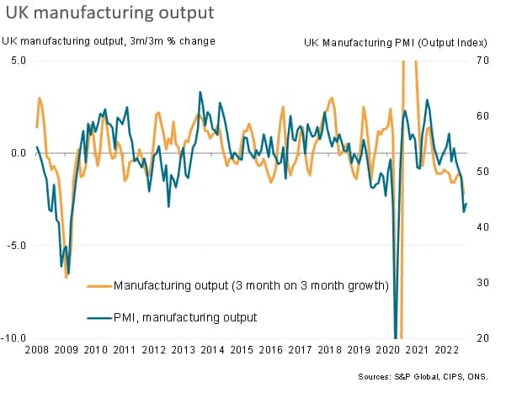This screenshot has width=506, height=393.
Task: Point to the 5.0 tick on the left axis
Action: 19,61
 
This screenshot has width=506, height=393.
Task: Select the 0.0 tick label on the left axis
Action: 19,153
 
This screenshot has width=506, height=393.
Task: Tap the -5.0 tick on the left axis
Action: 17,246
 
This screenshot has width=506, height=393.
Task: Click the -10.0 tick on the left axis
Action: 15,338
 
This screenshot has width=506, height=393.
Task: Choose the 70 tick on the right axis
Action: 482,61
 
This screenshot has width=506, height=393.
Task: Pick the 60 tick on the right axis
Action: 482,116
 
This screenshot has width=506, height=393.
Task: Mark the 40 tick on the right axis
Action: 482,227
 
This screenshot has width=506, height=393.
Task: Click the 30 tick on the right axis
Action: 482,283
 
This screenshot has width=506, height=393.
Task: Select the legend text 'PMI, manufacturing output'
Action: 185,317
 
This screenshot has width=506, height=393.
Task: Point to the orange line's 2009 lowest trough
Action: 66,276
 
